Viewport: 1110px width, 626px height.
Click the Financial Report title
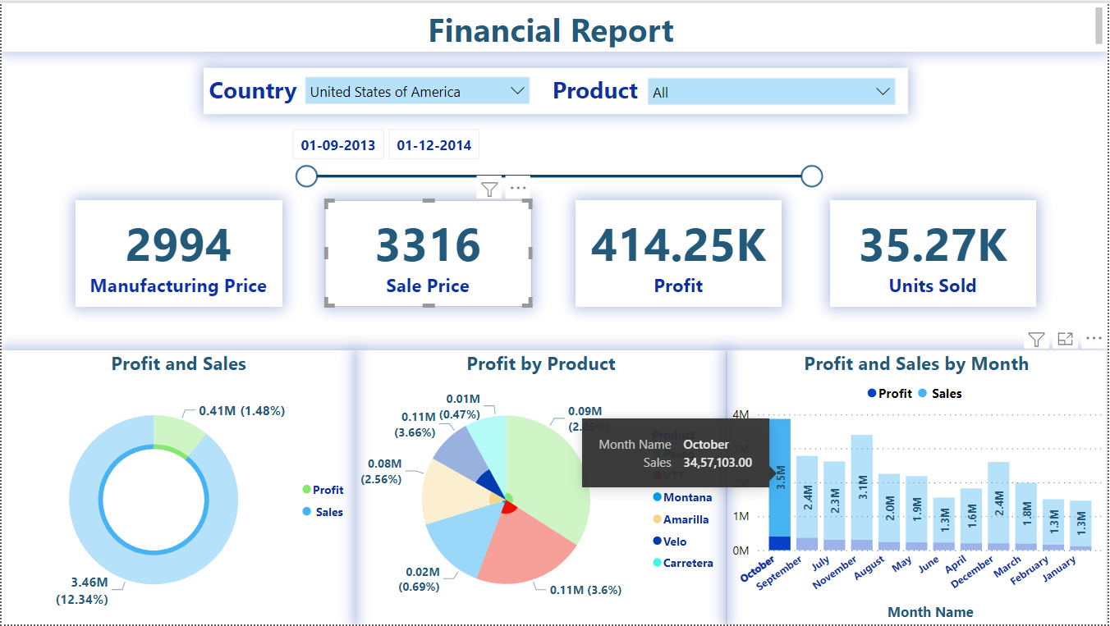[551, 31]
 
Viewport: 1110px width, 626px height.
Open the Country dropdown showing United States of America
[417, 91]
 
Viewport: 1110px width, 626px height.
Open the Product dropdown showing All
[771, 92]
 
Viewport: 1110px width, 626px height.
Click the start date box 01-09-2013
[338, 145]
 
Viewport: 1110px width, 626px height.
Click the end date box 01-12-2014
[433, 145]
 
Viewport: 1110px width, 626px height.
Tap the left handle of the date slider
[306, 176]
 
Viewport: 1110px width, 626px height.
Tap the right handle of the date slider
[811, 176]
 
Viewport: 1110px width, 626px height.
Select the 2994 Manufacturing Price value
[179, 245]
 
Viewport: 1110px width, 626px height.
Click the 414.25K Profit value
[678, 245]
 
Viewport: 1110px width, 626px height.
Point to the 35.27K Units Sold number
[933, 245]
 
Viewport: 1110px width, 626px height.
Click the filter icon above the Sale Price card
[489, 190]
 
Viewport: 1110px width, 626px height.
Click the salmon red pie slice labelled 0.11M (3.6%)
[525, 546]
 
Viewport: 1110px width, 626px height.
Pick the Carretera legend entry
[687, 563]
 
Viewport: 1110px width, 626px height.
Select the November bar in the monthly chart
[861, 492]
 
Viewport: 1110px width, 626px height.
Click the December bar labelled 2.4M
[998, 505]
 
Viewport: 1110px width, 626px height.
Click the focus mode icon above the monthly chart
[1065, 339]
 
